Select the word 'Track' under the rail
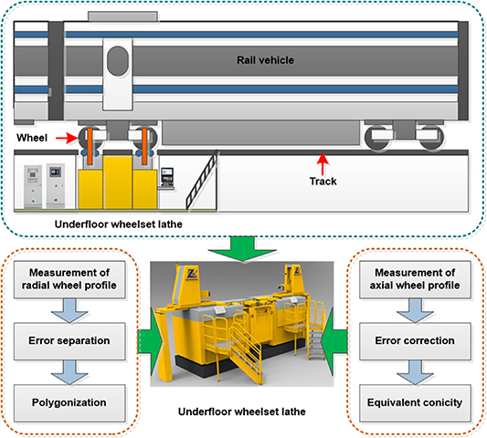click(x=322, y=181)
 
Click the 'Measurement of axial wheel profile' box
click(x=416, y=277)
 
